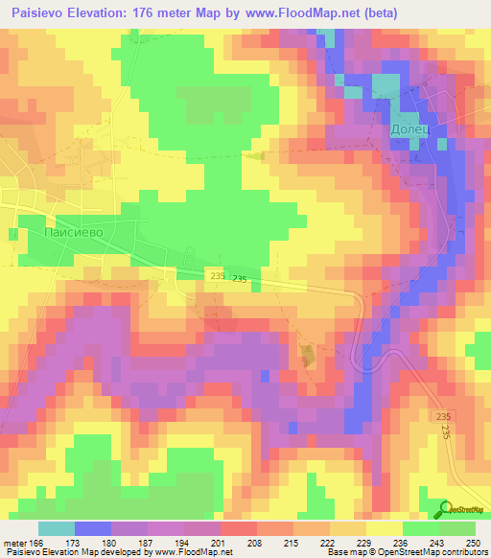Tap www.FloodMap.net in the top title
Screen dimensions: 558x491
coord(297,12)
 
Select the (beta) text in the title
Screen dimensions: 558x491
coord(376,12)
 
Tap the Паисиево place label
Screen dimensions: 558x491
coord(73,232)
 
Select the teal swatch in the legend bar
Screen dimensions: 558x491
coord(57,528)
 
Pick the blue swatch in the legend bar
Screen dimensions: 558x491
coord(93,528)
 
